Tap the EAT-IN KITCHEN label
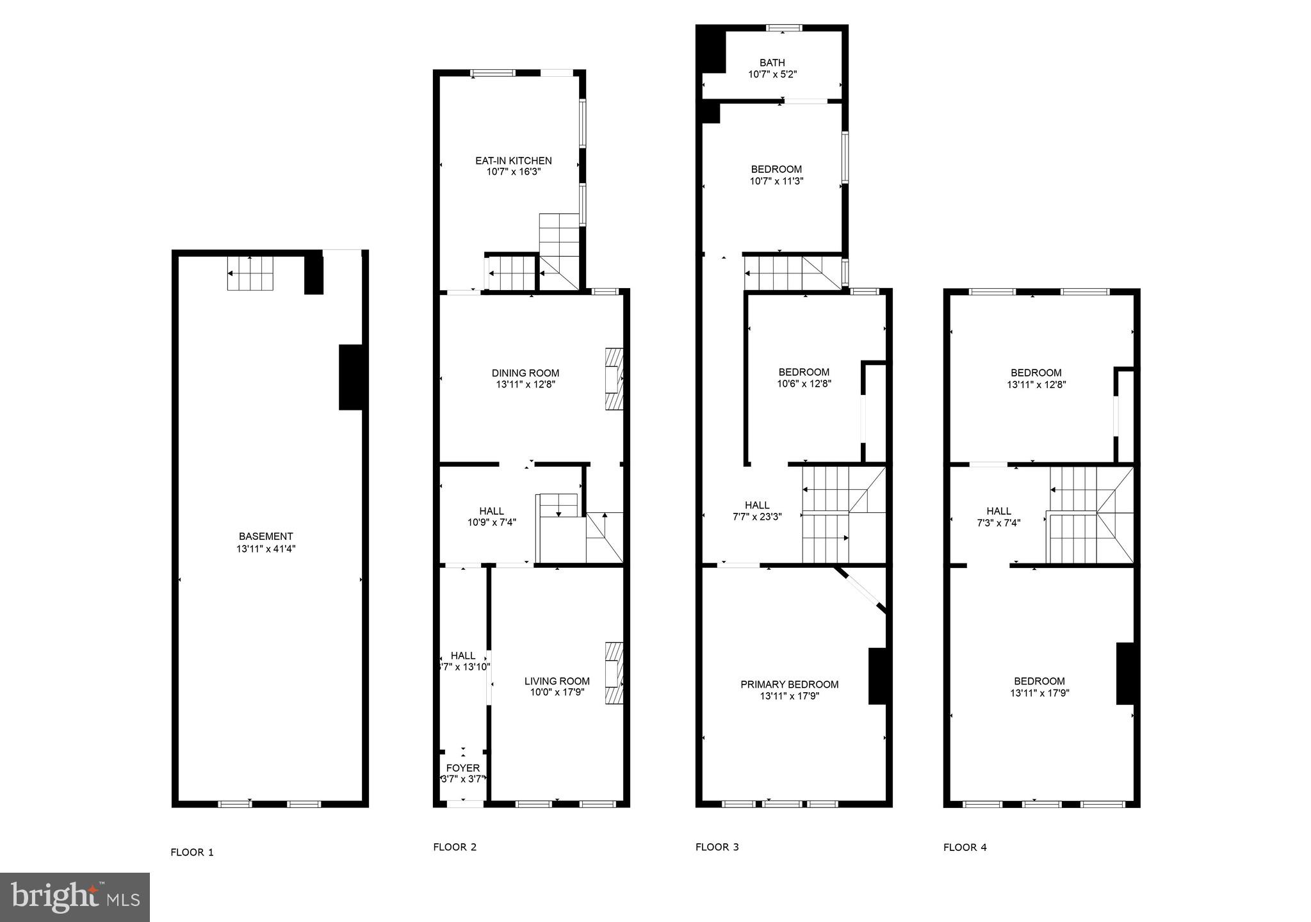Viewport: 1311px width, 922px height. pyautogui.click(x=513, y=161)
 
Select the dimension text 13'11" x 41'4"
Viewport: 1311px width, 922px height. pyautogui.click(x=266, y=549)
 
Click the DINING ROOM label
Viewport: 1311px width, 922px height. pyautogui.click(x=525, y=373)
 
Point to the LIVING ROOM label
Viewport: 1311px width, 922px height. pyautogui.click(x=557, y=681)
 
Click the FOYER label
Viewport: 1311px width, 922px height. pyautogui.click(x=462, y=768)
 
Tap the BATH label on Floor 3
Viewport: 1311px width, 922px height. pyautogui.click(x=772, y=63)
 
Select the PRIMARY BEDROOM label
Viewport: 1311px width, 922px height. pyautogui.click(x=789, y=684)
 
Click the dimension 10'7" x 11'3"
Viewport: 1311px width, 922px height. pyautogui.click(x=776, y=181)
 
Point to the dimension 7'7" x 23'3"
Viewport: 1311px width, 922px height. pyautogui.click(x=757, y=517)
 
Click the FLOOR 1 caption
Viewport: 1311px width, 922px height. pyautogui.click(x=192, y=852)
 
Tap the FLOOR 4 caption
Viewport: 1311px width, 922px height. pyautogui.click(x=965, y=847)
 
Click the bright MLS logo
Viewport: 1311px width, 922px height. pyautogui.click(x=75, y=897)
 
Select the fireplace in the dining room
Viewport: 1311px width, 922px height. pyautogui.click(x=614, y=378)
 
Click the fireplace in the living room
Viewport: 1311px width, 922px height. pyautogui.click(x=614, y=674)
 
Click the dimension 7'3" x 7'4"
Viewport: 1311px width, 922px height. pyautogui.click(x=998, y=522)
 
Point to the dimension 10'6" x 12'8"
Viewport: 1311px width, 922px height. pyautogui.click(x=804, y=384)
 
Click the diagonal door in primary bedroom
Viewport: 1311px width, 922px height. pyautogui.click(x=860, y=590)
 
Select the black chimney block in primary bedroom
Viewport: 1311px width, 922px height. pyautogui.click(x=877, y=676)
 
